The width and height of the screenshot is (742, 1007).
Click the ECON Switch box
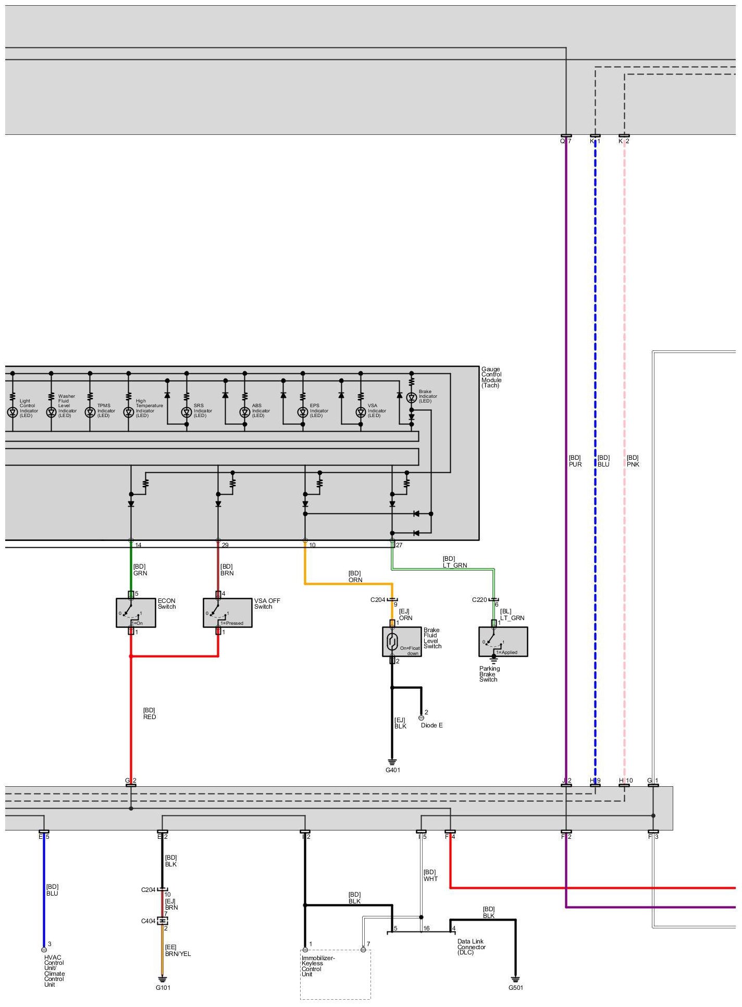click(135, 612)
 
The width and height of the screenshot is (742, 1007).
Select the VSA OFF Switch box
click(227, 612)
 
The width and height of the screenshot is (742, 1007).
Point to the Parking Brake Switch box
click(503, 641)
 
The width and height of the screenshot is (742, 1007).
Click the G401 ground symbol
click(392, 761)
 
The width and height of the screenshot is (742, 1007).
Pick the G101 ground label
click(163, 987)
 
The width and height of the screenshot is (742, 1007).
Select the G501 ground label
click(516, 987)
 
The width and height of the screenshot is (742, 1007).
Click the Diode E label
click(431, 725)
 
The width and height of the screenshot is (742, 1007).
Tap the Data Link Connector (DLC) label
click(472, 947)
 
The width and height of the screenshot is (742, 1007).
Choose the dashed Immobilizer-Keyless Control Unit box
click(335, 974)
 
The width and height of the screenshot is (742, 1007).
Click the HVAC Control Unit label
click(54, 971)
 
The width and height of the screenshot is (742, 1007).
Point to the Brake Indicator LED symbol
click(411, 398)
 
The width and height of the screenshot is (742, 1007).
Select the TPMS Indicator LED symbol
click(90, 412)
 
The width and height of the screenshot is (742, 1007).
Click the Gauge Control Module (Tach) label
click(491, 377)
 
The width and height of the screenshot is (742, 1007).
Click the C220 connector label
click(479, 600)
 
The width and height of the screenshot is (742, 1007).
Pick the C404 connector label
click(148, 921)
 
